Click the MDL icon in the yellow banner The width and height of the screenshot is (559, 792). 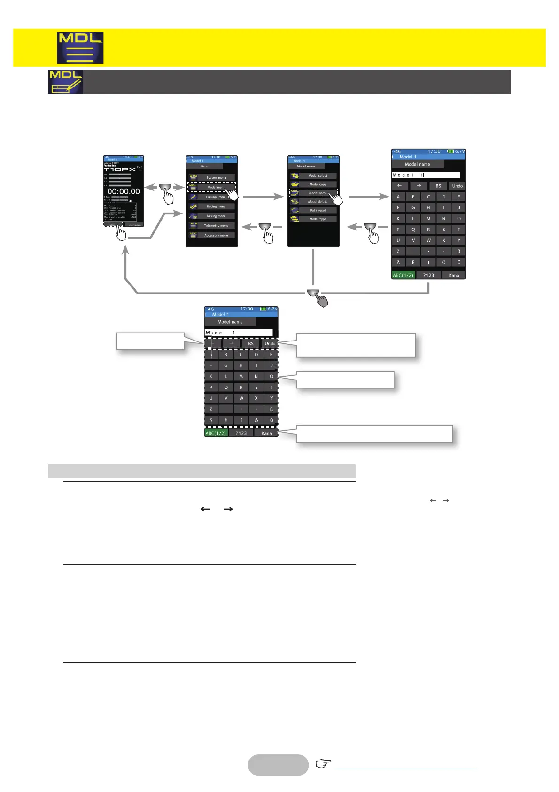[x=80, y=48]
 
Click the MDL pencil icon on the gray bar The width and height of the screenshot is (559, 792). [x=66, y=82]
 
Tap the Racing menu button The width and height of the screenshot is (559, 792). [x=216, y=206]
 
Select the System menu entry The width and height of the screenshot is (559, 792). [x=216, y=178]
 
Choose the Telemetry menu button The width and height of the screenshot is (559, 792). [x=216, y=226]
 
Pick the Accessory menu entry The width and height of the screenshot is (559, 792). [x=216, y=235]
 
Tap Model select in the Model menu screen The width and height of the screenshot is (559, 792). [x=318, y=176]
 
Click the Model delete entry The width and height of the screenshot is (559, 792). [x=318, y=202]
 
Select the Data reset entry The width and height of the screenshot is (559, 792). [x=318, y=210]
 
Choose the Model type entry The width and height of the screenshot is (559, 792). [x=318, y=219]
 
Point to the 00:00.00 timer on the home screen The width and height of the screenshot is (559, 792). [x=124, y=191]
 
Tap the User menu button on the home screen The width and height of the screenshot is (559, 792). [x=134, y=225]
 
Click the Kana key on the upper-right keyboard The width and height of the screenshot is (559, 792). [x=454, y=275]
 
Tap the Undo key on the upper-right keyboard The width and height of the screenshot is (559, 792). [x=457, y=186]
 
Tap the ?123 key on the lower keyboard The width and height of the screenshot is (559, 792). [x=241, y=433]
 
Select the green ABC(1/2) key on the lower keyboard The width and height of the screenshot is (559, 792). [x=216, y=433]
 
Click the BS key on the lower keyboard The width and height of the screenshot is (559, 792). [x=250, y=344]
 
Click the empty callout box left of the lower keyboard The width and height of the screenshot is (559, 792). [x=150, y=341]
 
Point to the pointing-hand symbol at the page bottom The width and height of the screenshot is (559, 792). [x=323, y=763]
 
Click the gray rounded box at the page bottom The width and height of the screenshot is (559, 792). [x=278, y=765]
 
